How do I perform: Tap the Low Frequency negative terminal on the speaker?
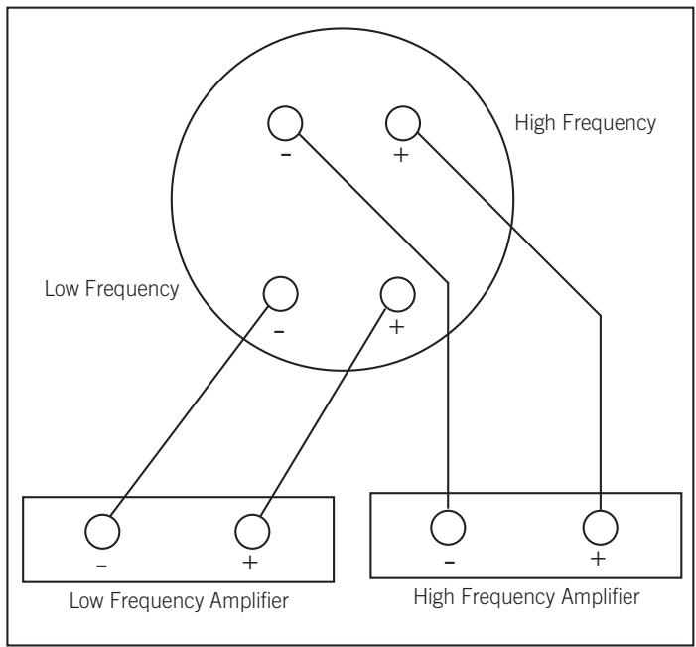(x=279, y=294)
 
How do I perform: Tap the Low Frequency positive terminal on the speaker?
(x=397, y=293)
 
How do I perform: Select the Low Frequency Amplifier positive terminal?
(x=250, y=530)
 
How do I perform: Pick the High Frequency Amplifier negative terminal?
(x=449, y=524)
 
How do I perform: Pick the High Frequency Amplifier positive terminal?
(x=599, y=524)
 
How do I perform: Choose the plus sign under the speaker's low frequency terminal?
(x=397, y=328)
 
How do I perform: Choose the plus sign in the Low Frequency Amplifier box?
(x=250, y=564)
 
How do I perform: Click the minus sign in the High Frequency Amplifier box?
(x=449, y=560)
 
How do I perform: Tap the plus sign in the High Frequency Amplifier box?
(x=598, y=558)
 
